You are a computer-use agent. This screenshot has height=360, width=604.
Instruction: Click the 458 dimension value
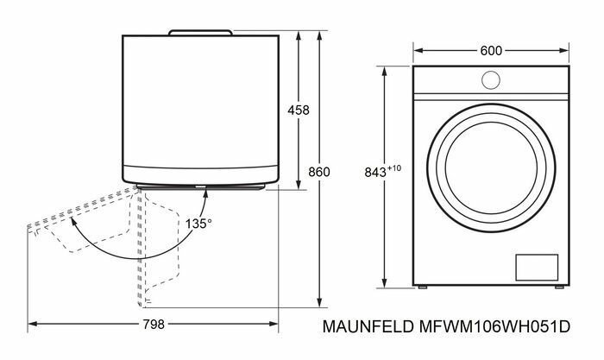point(299,111)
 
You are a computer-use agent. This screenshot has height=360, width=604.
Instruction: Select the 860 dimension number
point(319,173)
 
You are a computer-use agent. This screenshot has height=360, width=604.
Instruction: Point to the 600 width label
point(492,51)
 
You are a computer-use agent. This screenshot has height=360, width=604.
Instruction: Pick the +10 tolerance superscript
point(396,167)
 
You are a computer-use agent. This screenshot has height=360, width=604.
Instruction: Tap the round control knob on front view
point(491,79)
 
